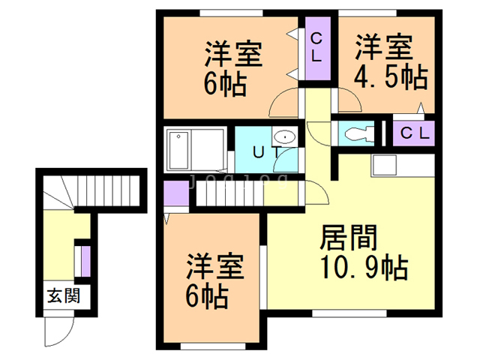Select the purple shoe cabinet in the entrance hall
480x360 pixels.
coord(85,259)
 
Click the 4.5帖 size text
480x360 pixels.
coord(391,76)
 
